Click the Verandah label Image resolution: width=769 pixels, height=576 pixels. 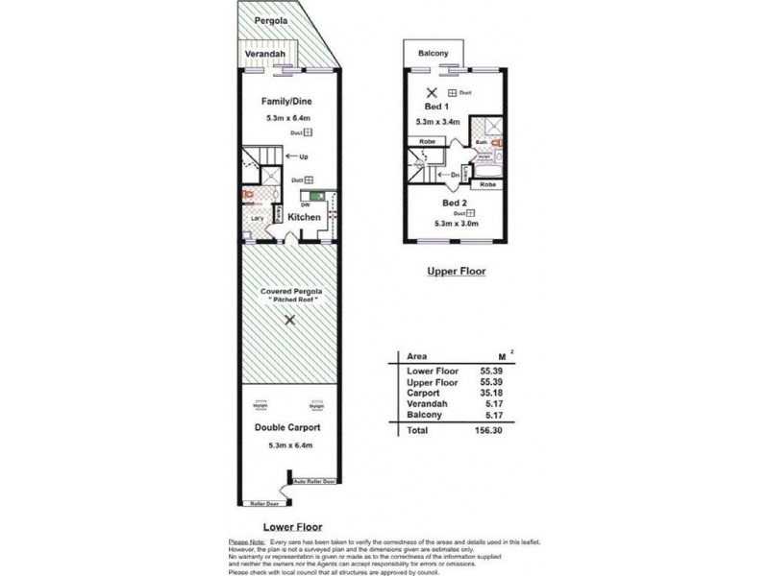(x=263, y=55)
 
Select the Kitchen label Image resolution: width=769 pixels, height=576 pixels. (x=305, y=218)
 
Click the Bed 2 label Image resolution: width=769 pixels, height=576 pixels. (x=455, y=203)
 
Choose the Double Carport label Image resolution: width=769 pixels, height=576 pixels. (x=287, y=427)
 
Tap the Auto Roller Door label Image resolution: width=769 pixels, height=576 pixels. (x=316, y=480)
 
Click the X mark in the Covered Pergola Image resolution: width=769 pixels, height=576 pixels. (x=288, y=323)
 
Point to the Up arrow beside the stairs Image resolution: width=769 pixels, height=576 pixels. (x=300, y=156)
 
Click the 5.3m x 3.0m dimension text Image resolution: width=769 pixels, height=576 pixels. (x=456, y=224)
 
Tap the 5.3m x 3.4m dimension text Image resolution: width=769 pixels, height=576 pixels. (x=438, y=122)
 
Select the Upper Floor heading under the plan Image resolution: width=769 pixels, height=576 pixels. (x=457, y=272)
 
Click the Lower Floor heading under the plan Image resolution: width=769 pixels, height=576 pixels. (x=292, y=527)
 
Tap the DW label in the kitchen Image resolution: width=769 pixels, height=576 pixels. (x=305, y=204)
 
